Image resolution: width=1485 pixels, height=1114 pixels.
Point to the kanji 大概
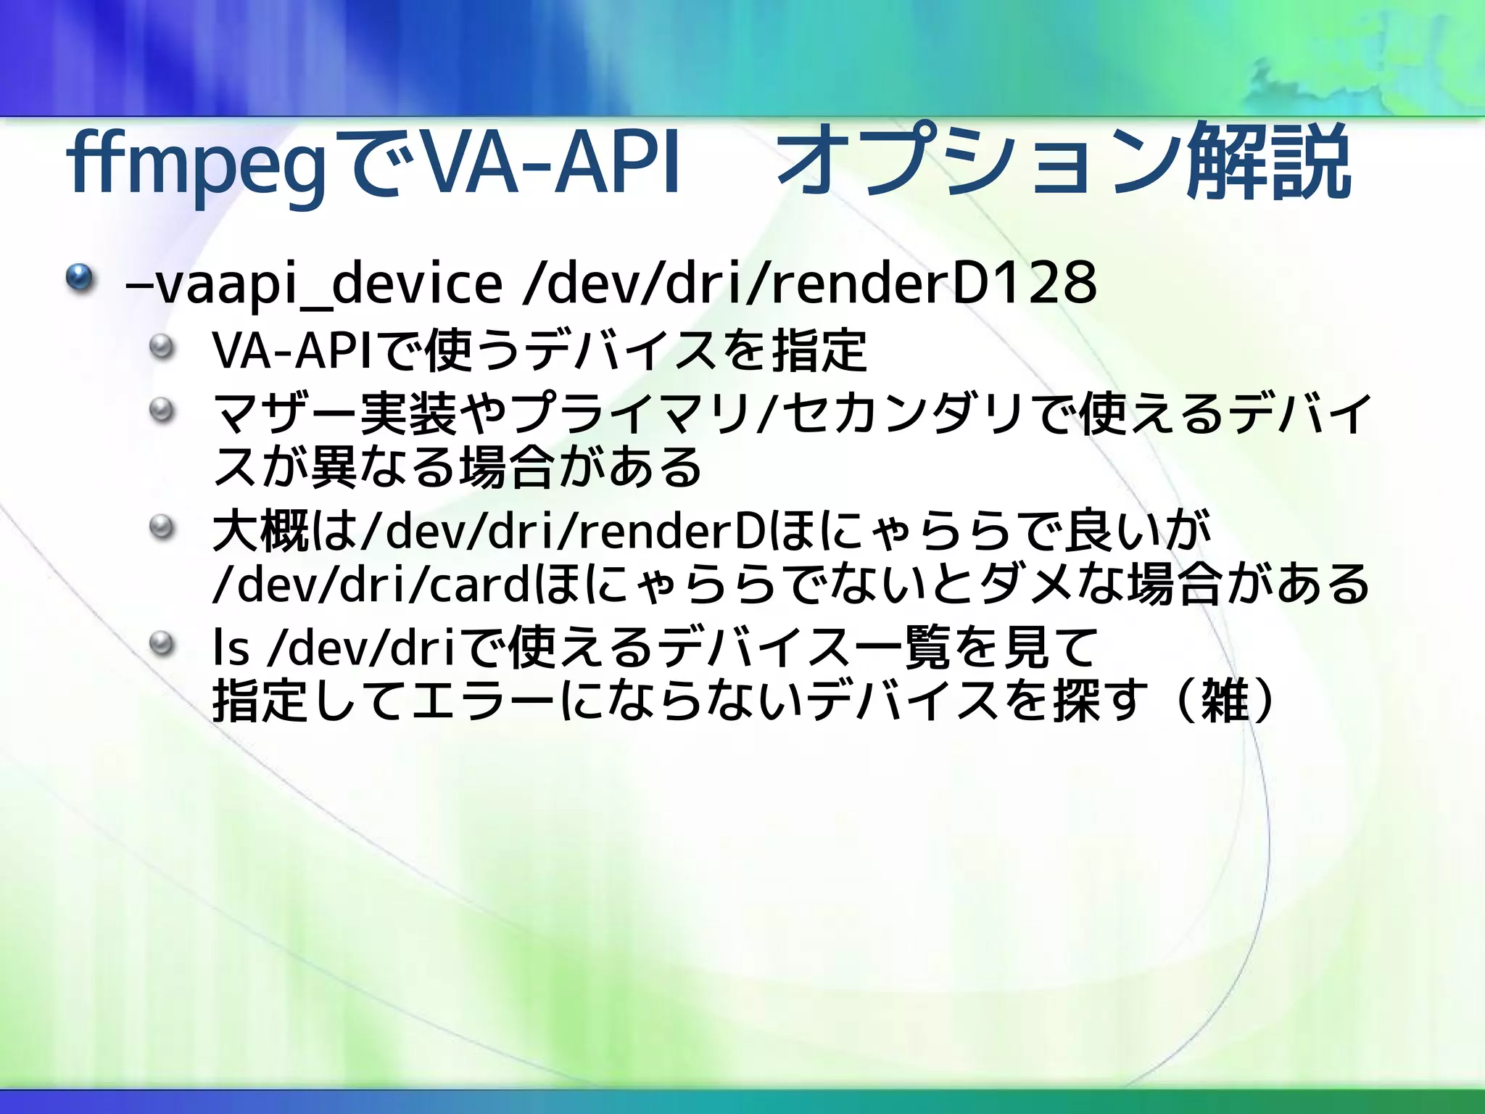(x=261, y=531)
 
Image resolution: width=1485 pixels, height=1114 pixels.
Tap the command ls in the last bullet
(x=231, y=647)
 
